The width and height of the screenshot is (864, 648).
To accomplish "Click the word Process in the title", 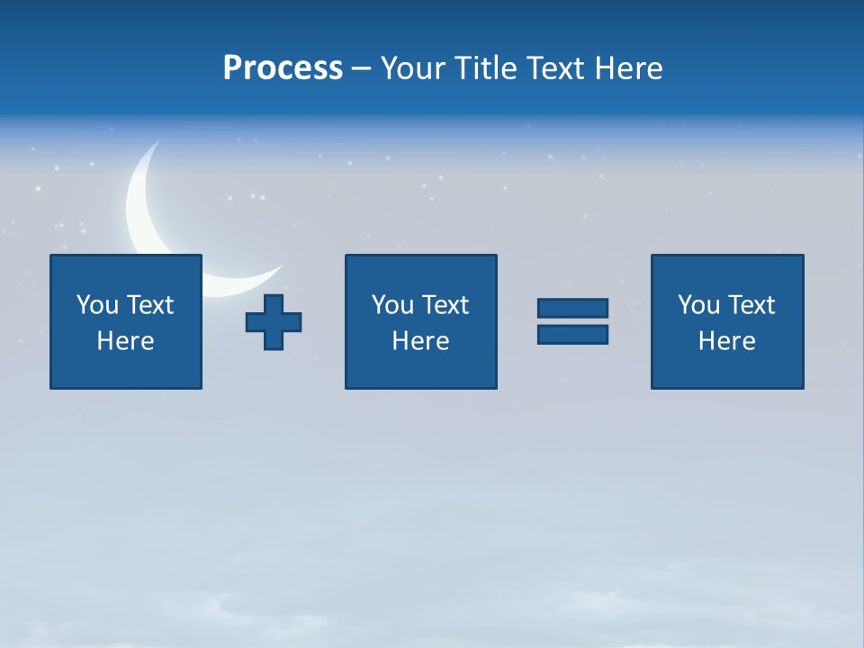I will pos(283,68).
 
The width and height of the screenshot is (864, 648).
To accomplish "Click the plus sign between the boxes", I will pos(274,322).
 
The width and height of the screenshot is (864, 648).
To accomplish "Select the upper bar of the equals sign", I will pos(572,309).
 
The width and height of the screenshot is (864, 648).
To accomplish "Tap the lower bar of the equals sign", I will pos(572,334).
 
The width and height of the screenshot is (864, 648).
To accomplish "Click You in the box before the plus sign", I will pos(97,305).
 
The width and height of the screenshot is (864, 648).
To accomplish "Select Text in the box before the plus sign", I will pos(149,305).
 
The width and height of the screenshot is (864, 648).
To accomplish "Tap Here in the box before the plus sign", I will pos(125,341).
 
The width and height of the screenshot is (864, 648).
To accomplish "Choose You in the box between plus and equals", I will pos(392,305).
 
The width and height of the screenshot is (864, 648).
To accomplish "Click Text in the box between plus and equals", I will pos(445,305).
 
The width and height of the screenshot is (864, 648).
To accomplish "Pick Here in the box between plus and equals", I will pos(420,341).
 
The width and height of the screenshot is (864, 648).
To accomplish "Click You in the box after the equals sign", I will pos(698,305).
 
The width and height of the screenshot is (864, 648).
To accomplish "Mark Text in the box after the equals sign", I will pos(751,305).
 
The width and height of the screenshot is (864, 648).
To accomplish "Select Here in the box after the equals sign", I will pos(726,341).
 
